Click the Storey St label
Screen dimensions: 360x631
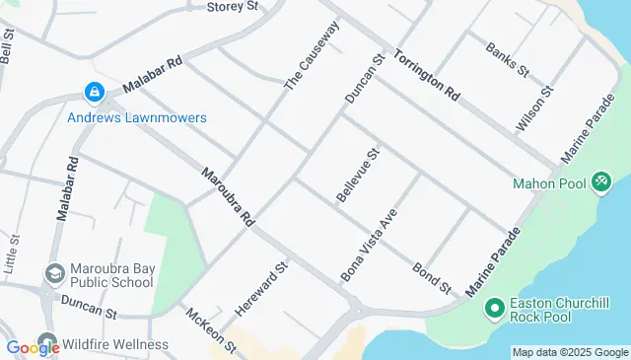(x=233, y=6)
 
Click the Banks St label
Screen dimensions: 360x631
(x=508, y=58)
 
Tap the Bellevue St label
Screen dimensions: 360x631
(x=358, y=177)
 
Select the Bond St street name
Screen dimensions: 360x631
(x=432, y=277)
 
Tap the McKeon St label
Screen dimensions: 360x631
(x=211, y=328)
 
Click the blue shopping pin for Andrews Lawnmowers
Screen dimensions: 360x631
(x=94, y=93)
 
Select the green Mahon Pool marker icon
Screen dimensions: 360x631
(x=601, y=182)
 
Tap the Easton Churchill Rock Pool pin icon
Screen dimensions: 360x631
(x=495, y=310)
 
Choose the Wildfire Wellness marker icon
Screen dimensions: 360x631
(x=46, y=345)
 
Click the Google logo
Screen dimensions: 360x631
(x=33, y=347)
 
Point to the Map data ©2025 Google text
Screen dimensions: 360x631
(x=569, y=352)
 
